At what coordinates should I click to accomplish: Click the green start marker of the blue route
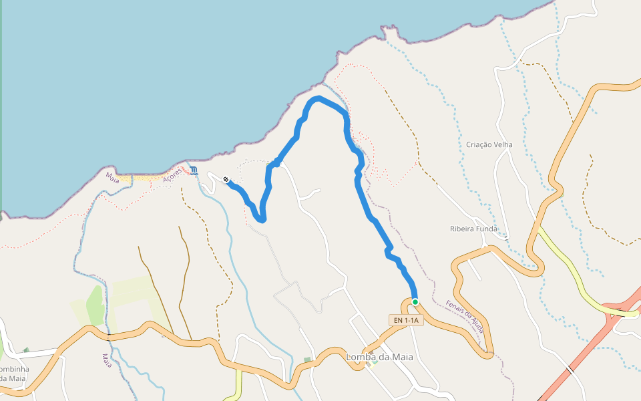[x=415, y=302]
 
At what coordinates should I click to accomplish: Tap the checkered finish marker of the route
[x=226, y=179]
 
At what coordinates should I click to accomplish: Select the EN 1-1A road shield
[x=405, y=321]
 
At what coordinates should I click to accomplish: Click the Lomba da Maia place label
[x=379, y=357]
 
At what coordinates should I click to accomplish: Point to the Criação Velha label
[x=489, y=144]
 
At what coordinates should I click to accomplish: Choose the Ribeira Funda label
[x=473, y=229]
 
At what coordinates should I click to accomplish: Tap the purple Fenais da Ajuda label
[x=465, y=315]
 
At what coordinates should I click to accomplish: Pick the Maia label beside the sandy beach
[x=112, y=178]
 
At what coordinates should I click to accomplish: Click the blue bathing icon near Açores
[x=194, y=170]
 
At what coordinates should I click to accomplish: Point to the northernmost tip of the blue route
[x=319, y=98]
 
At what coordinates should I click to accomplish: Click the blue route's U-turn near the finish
[x=261, y=219]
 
